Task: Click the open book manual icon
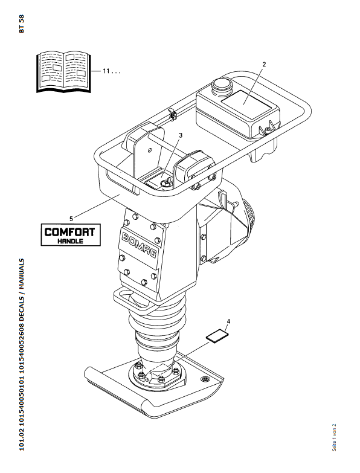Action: pos(63,72)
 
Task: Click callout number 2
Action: pos(264,64)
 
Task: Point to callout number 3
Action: pos(180,135)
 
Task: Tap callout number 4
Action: pos(228,321)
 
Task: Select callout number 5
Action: pos(71,219)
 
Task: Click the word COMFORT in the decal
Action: pos(69,232)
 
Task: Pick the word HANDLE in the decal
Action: pos(70,241)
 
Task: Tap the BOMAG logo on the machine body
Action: pos(140,246)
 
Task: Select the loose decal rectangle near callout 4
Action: pos(217,336)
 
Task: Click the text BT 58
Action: pos(21,24)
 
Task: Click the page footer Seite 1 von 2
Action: pos(334,438)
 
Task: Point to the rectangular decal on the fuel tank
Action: pos(246,104)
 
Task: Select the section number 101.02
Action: pos(21,438)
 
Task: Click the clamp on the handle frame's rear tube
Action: pos(173,114)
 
